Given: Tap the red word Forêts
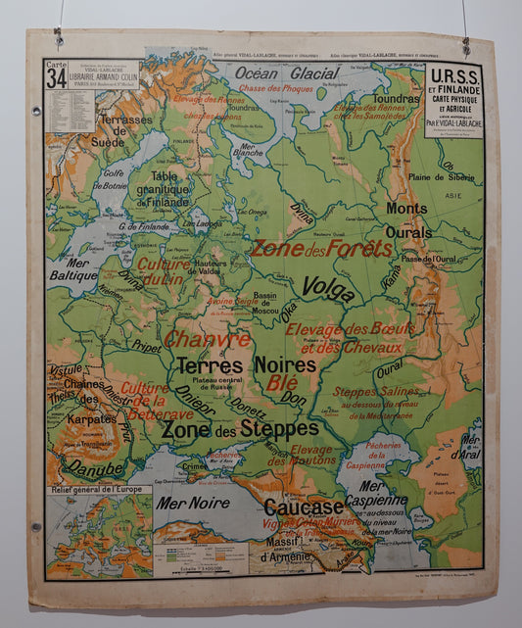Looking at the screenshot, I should coord(358,248).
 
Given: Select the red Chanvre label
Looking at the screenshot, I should coord(207,339).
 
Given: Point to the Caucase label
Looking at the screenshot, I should coord(304,507).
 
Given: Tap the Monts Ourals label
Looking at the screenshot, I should coord(406,220).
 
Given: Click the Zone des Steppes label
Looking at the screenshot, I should coord(239,429).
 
